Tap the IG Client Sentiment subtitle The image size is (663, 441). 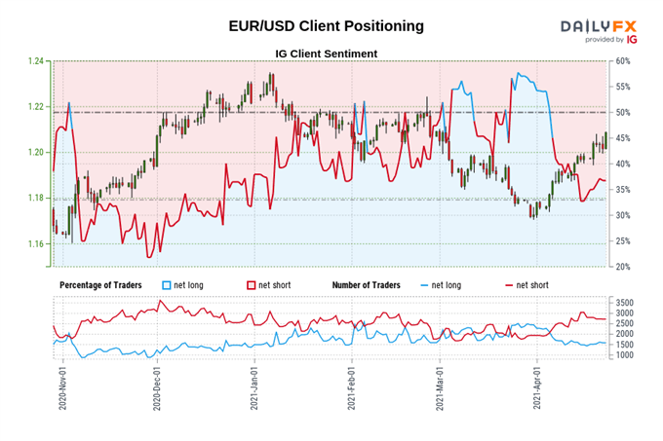[328, 54]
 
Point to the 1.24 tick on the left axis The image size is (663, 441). [36, 61]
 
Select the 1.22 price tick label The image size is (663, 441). [36, 106]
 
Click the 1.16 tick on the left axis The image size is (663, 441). [36, 243]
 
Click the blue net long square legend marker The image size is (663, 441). [167, 284]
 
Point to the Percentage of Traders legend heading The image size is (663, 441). [100, 284]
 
